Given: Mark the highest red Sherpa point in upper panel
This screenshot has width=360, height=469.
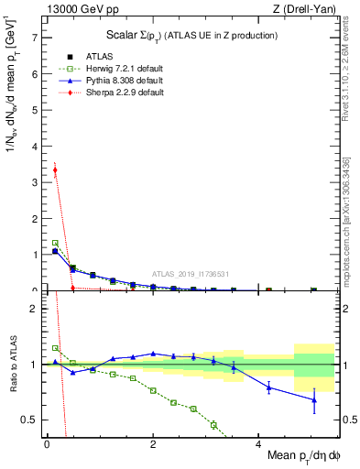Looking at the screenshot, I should pyautogui.click(x=55, y=169).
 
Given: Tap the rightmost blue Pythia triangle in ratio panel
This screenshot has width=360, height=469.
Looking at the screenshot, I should pyautogui.click(x=314, y=399).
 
